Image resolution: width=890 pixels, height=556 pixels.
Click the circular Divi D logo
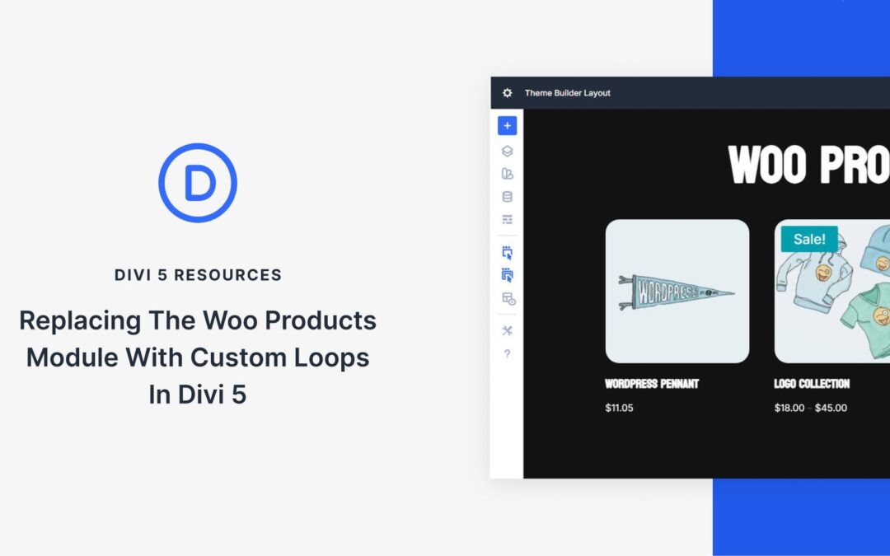[x=198, y=183]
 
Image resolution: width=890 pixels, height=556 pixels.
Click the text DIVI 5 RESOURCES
[x=198, y=275]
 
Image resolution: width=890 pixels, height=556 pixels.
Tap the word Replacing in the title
[x=80, y=320]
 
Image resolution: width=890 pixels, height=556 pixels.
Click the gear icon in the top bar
[x=508, y=93]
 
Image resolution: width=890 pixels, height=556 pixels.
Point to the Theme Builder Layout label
[x=568, y=93]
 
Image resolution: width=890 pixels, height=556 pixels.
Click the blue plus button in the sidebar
[x=507, y=126]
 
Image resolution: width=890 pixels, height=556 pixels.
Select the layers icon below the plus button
[x=507, y=151]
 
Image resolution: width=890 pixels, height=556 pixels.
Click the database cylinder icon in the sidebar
[x=507, y=197]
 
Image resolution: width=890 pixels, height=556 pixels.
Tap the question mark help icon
[x=507, y=354]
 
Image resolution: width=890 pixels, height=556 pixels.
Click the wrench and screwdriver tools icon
[x=507, y=330]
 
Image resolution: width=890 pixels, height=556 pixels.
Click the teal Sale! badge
[x=809, y=240]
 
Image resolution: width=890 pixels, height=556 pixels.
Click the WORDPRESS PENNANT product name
[x=652, y=384]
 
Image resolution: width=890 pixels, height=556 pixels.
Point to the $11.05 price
[x=619, y=408]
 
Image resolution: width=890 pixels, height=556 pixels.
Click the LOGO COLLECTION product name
[x=812, y=384]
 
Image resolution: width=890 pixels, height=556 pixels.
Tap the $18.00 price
[x=789, y=408]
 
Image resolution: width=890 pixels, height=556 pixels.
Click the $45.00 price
[x=831, y=408]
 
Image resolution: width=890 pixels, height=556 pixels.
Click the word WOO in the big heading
[x=766, y=165]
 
